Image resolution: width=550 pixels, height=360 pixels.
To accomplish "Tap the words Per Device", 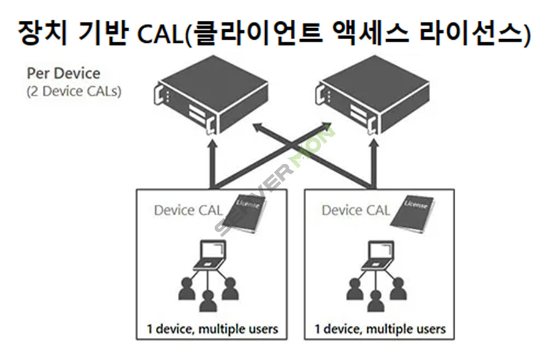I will tap(63, 73).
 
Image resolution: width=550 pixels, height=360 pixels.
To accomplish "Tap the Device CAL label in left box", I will tap(184, 210).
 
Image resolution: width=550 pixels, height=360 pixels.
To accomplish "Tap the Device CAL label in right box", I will tap(356, 210).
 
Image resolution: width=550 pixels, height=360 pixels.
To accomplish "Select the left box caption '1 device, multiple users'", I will tap(212, 329).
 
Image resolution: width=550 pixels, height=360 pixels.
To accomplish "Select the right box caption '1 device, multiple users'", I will tap(380, 329).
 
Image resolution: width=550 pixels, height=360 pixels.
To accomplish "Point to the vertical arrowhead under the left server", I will tap(211, 145).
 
